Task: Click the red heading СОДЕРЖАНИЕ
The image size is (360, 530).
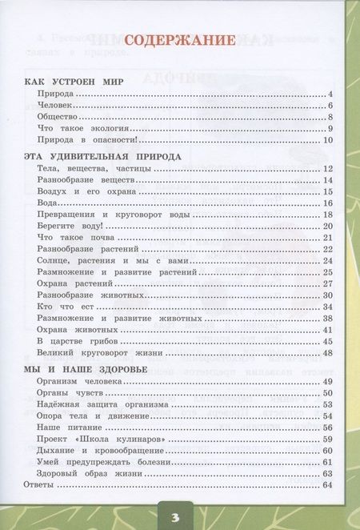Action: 179,41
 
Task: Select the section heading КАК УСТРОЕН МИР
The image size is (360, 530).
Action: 78,82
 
